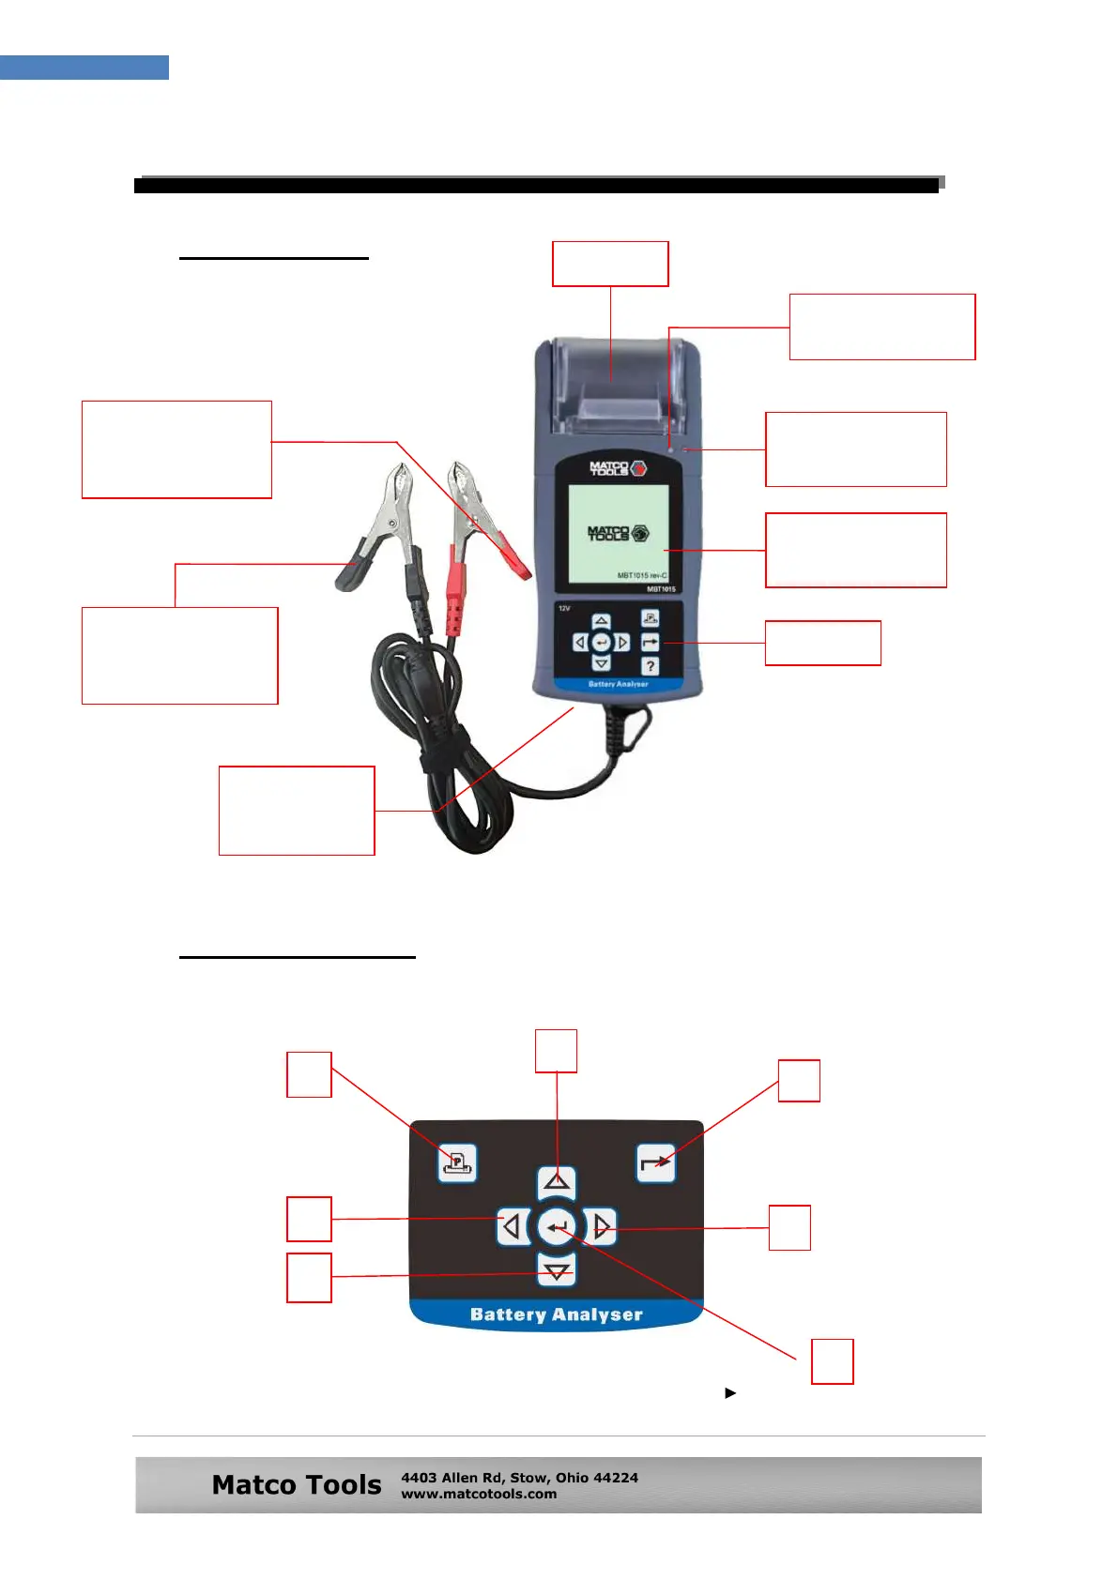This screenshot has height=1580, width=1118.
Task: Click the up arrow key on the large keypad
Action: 557,1181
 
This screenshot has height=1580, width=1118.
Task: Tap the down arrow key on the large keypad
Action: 558,1271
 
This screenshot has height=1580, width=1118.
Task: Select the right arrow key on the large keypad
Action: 602,1226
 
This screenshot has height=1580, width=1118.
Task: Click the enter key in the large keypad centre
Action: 558,1226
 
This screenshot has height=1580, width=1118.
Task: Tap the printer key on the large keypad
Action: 457,1163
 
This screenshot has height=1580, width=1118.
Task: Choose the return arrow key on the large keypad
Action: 655,1163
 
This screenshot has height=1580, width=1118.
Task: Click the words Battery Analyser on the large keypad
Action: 556,1314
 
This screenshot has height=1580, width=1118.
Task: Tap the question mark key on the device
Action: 651,666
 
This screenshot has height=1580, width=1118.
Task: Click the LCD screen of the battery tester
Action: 618,533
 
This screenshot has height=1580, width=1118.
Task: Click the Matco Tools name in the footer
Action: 297,1485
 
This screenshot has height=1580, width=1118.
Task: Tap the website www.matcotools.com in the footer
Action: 479,1494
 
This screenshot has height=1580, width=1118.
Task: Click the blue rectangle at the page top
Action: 84,68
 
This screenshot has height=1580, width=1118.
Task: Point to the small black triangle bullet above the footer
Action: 730,1393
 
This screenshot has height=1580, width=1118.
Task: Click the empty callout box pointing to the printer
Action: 610,264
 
